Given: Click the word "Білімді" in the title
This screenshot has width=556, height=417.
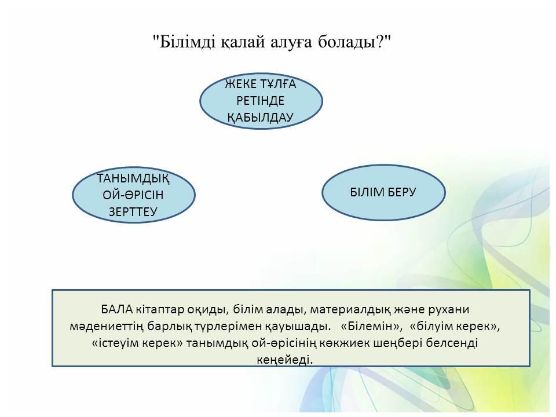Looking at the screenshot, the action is click(184, 42).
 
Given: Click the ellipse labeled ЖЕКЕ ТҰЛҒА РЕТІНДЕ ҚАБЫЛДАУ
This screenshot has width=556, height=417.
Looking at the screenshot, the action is click(261, 101).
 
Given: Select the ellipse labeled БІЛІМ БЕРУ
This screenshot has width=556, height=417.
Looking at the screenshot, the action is click(383, 192).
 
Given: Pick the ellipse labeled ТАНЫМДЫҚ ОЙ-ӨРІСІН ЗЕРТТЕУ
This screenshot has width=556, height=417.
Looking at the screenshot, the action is click(134, 195).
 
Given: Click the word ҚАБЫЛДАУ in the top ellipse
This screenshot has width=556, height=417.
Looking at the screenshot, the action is click(260, 118).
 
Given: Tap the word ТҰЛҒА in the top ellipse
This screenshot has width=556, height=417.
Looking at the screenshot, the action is click(277, 84).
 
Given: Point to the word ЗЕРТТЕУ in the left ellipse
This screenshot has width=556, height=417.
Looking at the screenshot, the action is click(133, 212).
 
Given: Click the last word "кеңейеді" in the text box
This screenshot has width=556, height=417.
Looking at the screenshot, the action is click(285, 360).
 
